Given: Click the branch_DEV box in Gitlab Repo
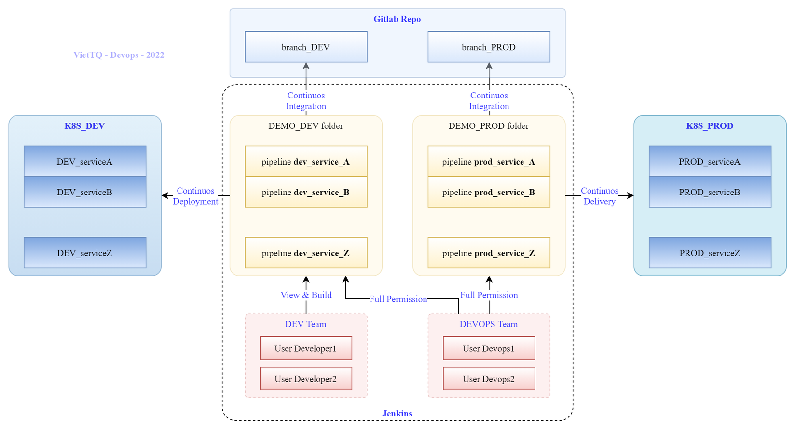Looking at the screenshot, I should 306,47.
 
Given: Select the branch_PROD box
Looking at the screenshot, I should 489,47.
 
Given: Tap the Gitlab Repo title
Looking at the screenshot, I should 397,19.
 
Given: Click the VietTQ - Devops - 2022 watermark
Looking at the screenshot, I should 119,55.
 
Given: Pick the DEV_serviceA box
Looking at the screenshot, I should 85,161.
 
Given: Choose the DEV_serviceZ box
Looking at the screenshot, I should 85,253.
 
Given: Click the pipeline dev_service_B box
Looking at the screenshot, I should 306,192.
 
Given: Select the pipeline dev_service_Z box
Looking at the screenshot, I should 306,253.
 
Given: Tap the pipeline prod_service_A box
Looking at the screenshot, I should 489,162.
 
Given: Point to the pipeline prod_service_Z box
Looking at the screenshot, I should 489,253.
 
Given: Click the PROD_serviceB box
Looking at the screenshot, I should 710,192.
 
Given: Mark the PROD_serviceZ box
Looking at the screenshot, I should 710,253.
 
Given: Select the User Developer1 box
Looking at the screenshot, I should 306,348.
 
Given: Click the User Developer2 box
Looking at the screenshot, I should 306,379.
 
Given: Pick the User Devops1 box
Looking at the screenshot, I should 489,348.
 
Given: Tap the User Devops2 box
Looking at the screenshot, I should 489,379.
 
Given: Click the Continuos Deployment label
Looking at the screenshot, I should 195,196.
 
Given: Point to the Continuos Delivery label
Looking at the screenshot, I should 599,196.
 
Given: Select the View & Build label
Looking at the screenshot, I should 306,295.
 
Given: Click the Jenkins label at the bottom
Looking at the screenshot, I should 397,414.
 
